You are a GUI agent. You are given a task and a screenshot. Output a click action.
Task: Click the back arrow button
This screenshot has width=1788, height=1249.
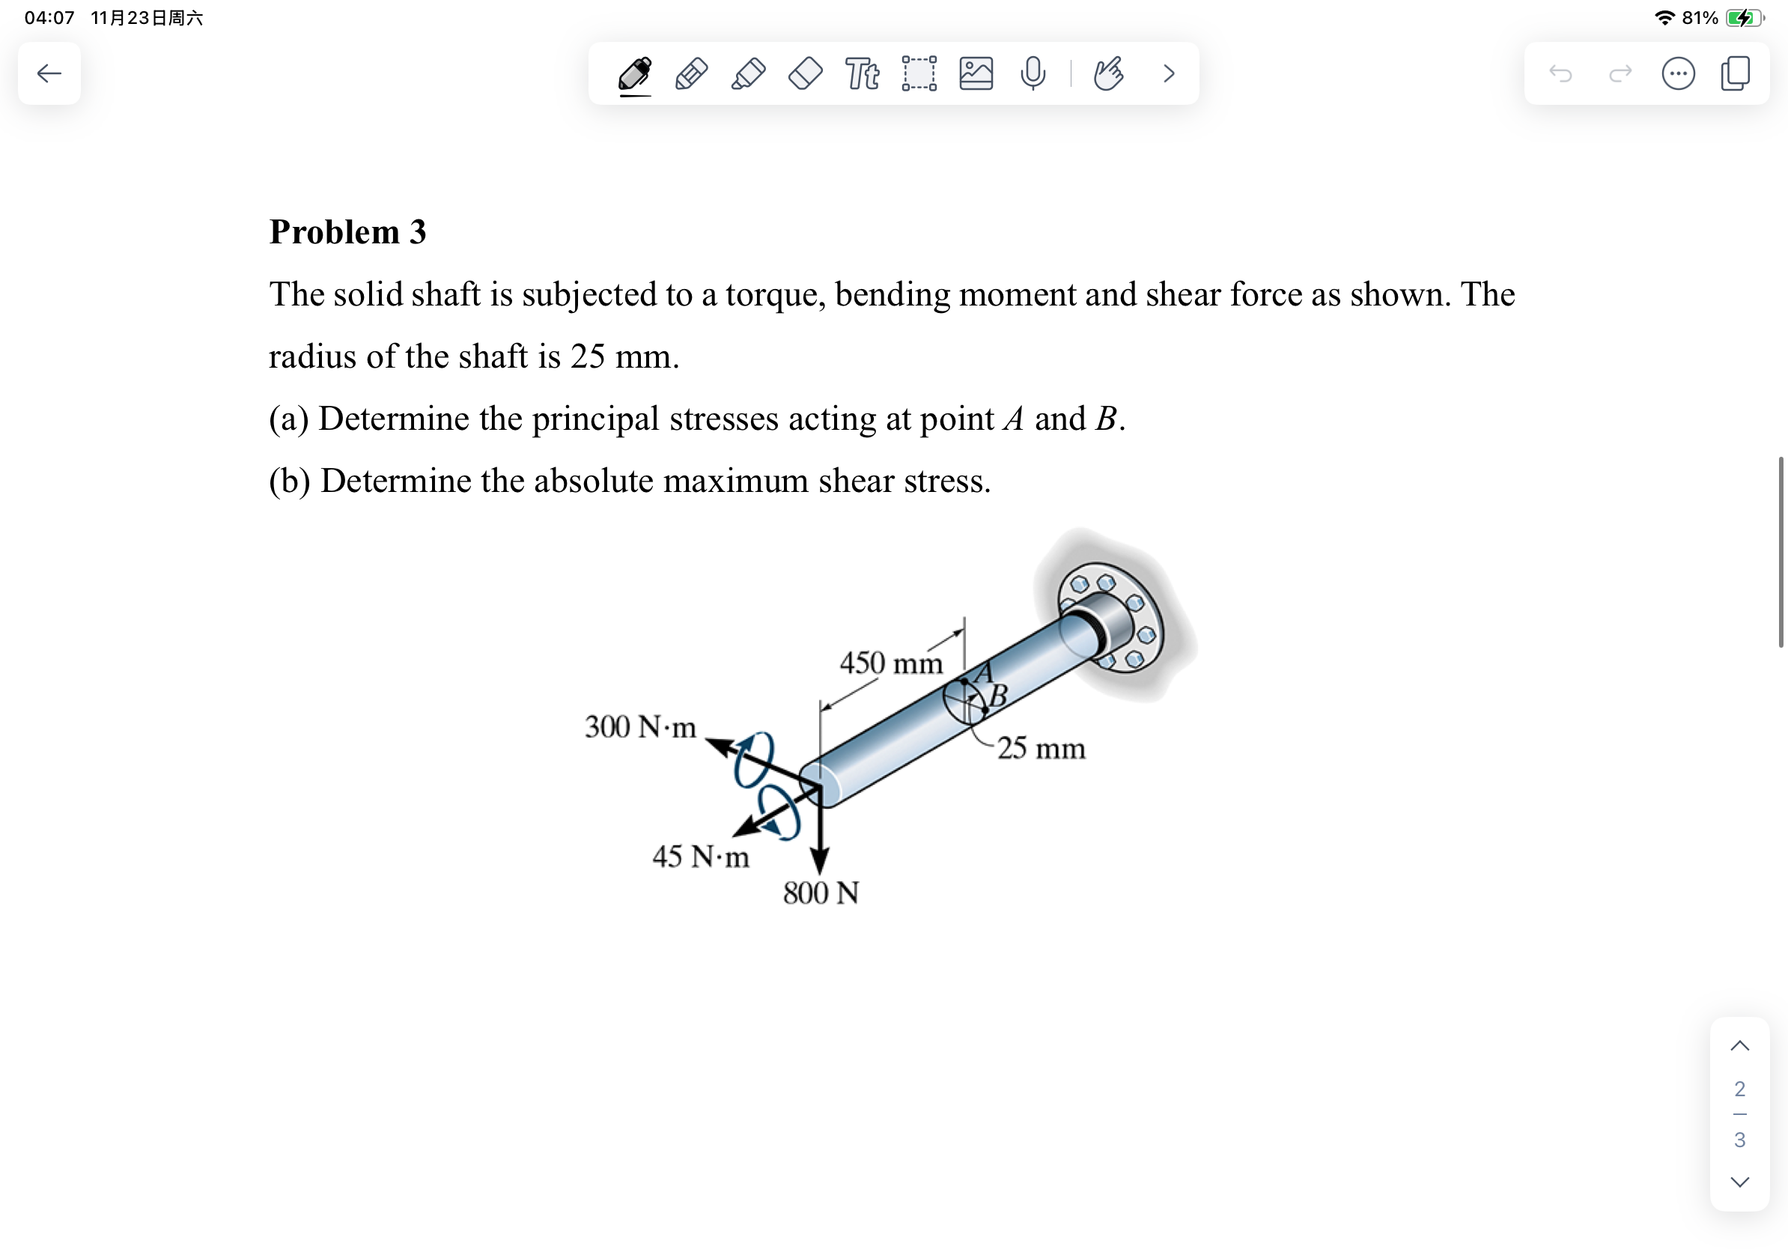pos(49,73)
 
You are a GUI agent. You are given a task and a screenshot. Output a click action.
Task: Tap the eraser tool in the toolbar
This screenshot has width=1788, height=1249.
pos(805,73)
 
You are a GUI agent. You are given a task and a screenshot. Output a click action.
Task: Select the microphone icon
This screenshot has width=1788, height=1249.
pos(1033,73)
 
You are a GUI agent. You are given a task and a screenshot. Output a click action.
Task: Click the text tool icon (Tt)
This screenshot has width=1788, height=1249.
pos(862,73)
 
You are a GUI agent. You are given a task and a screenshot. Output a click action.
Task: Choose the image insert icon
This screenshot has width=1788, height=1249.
pos(976,73)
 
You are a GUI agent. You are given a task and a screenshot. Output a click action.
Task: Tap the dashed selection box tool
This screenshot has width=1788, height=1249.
pos(919,73)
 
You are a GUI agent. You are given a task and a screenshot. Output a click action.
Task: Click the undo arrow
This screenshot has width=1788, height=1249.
pos(1560,73)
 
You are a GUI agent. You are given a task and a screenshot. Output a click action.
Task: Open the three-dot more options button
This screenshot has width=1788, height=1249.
pos(1677,73)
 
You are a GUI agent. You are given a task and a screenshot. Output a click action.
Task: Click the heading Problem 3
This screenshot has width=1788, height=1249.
pos(347,232)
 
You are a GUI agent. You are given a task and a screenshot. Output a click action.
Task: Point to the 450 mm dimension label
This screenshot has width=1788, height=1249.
pos(891,663)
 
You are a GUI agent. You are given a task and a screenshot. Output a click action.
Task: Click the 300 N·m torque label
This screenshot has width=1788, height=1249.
pos(640,726)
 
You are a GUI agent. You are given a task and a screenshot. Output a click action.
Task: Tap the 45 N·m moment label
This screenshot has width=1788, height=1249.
pos(700,857)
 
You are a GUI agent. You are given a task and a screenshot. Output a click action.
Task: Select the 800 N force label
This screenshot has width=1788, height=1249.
pos(821,893)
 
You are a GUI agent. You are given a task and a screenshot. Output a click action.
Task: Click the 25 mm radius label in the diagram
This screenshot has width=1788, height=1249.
pos(1041,748)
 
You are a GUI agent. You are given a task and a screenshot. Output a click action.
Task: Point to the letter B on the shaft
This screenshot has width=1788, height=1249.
pos(998,695)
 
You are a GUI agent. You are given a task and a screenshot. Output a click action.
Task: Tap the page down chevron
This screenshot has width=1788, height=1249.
pos(1740,1182)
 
